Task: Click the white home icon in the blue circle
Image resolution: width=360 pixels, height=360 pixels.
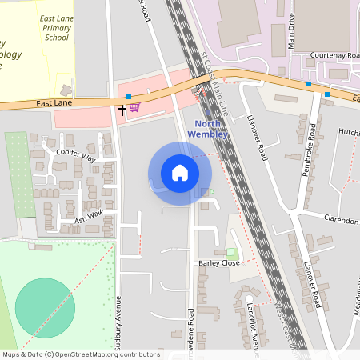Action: tap(180, 173)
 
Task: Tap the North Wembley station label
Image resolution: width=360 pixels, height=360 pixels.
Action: tap(212, 129)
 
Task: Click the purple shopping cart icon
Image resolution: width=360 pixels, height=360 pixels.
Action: tap(134, 107)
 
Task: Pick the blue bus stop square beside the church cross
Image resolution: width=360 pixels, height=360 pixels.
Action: tap(128, 97)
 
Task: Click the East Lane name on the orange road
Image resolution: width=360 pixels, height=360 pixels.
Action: tap(54, 103)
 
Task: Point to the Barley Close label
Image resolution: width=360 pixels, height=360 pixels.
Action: tap(218, 262)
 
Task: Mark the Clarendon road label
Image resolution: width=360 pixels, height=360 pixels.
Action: tap(341, 218)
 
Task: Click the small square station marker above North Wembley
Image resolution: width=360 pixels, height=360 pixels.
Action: tap(209, 113)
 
